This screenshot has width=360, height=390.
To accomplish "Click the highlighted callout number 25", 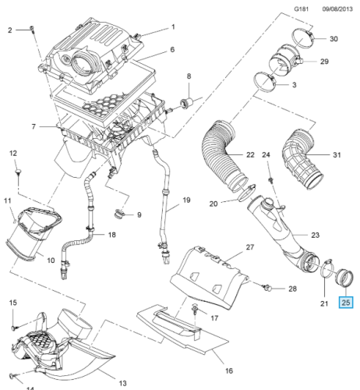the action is [x=346, y=303].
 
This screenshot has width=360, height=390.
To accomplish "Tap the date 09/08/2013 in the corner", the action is [x=337, y=9].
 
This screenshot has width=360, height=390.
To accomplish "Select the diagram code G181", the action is [x=302, y=9].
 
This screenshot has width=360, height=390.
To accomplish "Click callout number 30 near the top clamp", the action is [x=334, y=39].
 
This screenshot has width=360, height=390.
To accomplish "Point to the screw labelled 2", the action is [x=32, y=29].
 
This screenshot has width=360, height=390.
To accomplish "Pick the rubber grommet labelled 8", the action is [x=186, y=103].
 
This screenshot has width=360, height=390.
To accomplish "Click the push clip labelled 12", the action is [x=19, y=172].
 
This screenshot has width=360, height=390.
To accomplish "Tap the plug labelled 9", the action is [x=118, y=214].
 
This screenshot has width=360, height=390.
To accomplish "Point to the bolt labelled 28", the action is [x=267, y=288].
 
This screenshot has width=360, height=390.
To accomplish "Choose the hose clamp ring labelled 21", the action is [x=325, y=271].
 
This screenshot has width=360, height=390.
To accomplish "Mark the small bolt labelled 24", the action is [x=271, y=180].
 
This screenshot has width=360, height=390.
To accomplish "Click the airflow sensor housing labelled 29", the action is [x=284, y=58].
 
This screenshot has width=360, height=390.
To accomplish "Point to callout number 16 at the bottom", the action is [x=229, y=370].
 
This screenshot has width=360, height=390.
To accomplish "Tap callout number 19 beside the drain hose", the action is [x=186, y=200].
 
